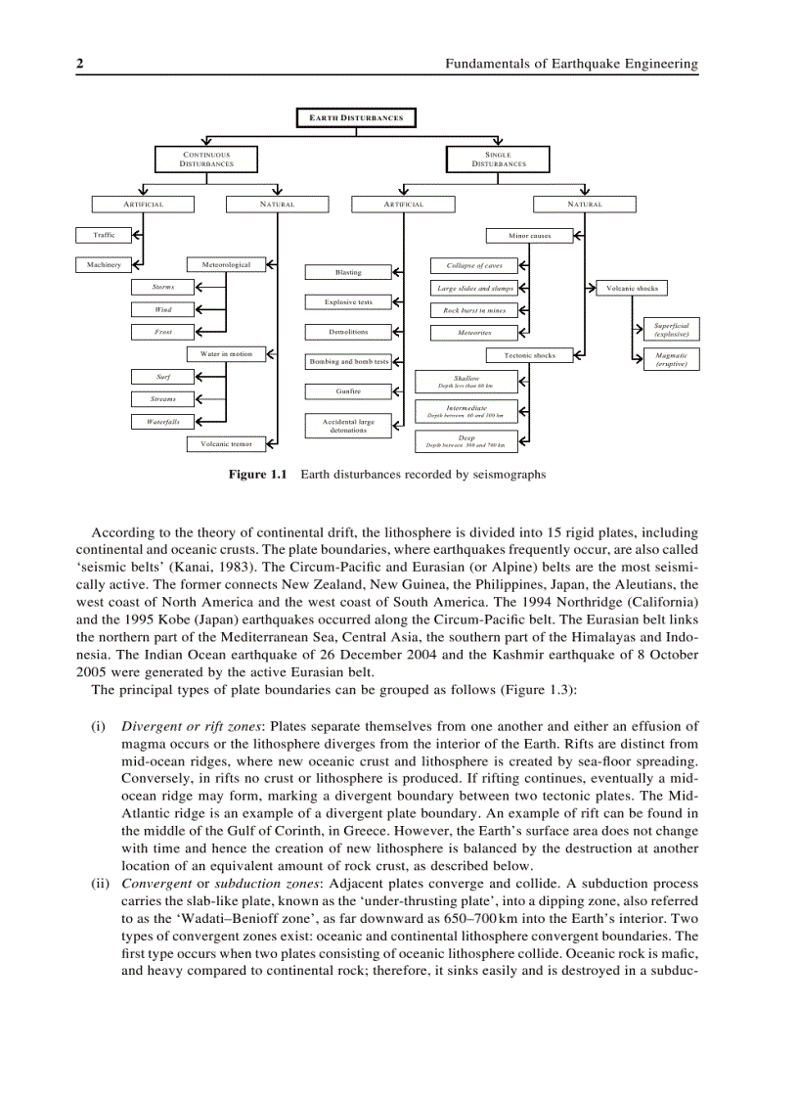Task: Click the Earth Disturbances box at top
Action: click(356, 117)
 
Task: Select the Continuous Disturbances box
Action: click(206, 159)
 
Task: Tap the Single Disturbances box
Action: click(498, 159)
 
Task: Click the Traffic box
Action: click(104, 235)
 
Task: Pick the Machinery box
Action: click(104, 265)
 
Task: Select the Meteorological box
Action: click(226, 265)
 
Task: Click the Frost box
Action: click(163, 332)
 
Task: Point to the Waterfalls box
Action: click(163, 422)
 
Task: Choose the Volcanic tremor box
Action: click(226, 444)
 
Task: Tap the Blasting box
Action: click(348, 272)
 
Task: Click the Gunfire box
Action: click(348, 391)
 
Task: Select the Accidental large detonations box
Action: click(348, 426)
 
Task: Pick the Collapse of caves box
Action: click(474, 265)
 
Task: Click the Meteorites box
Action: click(474, 333)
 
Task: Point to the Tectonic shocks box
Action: click(529, 355)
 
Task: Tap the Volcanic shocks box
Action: click(632, 288)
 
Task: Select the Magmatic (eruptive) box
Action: click(671, 359)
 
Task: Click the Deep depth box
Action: click(465, 441)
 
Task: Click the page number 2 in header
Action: click(80, 64)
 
